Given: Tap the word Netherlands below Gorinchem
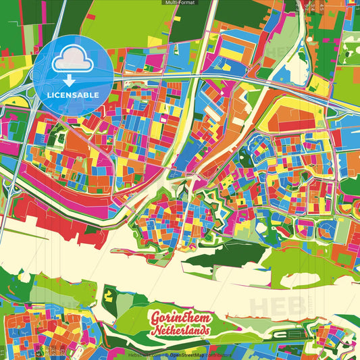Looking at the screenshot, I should pos(181,331).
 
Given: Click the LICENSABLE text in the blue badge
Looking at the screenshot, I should pos(73,95).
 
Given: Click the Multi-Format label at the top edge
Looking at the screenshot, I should pos(180,3).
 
